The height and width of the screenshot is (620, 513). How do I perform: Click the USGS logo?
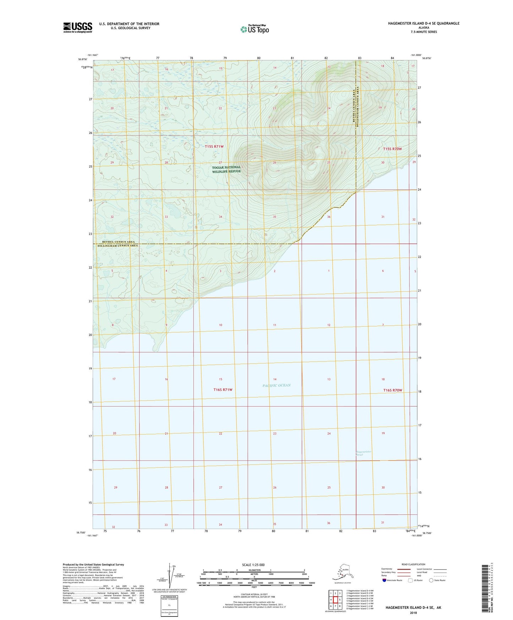pyautogui.click(x=77, y=27)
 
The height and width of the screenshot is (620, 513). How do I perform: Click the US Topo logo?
pyautogui.click(x=254, y=29)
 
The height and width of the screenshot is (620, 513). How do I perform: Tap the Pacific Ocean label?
pyautogui.click(x=277, y=385)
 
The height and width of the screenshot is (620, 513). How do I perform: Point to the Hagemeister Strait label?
pyautogui.click(x=364, y=453)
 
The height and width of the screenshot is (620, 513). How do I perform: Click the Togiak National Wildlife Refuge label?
pyautogui.click(x=226, y=169)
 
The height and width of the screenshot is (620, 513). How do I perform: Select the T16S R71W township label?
pyautogui.click(x=223, y=390)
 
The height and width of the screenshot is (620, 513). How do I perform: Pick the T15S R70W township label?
pyautogui.click(x=392, y=149)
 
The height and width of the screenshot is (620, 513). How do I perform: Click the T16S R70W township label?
pyautogui.click(x=393, y=390)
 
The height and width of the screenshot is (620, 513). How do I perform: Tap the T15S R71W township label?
pyautogui.click(x=214, y=146)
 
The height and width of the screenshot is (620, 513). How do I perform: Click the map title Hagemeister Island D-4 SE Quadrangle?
pyautogui.click(x=424, y=23)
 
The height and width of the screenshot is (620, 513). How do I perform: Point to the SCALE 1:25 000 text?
pyautogui.click(x=253, y=565)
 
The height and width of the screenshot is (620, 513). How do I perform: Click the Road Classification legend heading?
pyautogui.click(x=413, y=564)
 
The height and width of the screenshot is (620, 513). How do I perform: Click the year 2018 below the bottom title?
pyautogui.click(x=413, y=613)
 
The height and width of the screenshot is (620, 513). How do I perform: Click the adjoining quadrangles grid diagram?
pyautogui.click(x=335, y=600)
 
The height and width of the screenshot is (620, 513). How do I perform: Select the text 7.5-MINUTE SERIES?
pyautogui.click(x=424, y=32)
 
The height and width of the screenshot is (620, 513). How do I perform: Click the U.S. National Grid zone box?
pyautogui.click(x=169, y=606)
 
